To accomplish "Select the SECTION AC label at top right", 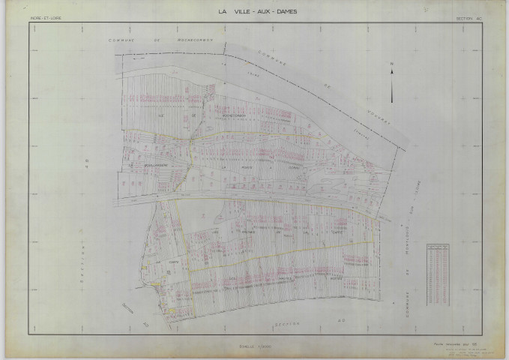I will [468, 16].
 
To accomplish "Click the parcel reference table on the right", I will [439, 267].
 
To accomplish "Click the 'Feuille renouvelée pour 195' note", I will [454, 343].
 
